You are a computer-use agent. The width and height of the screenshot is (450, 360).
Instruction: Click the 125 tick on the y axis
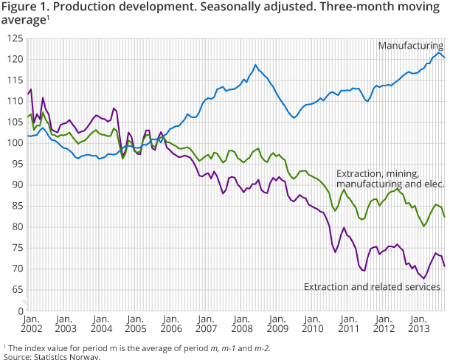[x=14, y=38]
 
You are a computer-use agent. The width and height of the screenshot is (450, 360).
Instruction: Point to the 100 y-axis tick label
[x=14, y=143]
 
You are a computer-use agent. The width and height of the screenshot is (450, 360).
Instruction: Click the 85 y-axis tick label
[x=16, y=206]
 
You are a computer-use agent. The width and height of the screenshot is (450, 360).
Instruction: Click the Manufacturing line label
[x=410, y=46]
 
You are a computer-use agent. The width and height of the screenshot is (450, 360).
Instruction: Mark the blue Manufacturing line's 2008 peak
[x=256, y=65]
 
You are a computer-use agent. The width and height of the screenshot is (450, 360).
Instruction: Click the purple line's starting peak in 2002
[x=30, y=89]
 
